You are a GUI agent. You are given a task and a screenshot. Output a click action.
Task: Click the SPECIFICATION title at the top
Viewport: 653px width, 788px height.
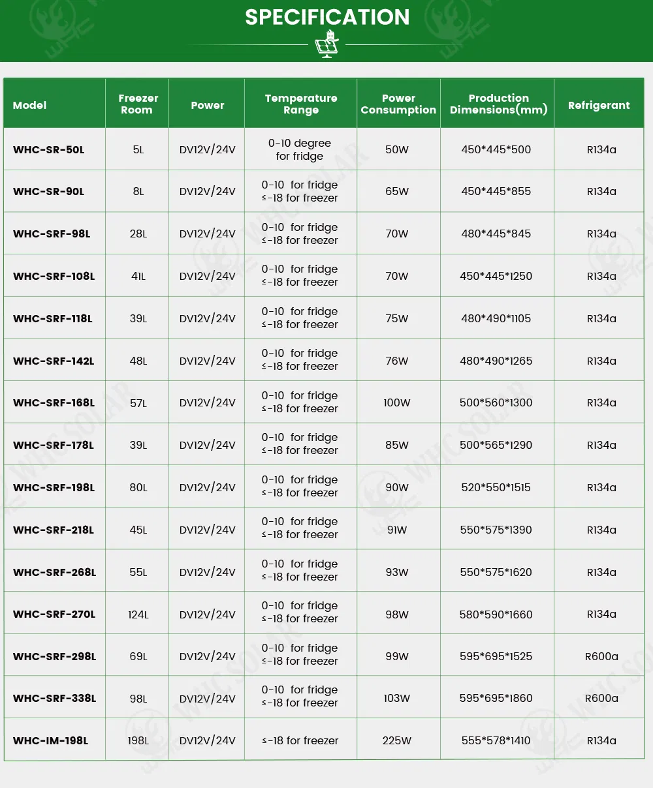click(327, 18)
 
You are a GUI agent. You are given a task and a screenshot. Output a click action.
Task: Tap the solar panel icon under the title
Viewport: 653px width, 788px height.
click(326, 44)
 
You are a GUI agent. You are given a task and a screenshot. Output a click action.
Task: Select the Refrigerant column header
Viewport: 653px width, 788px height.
click(599, 105)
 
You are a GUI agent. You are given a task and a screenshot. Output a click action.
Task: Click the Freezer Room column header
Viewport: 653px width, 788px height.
click(138, 104)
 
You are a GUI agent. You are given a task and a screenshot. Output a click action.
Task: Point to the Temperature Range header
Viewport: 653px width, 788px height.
click(301, 104)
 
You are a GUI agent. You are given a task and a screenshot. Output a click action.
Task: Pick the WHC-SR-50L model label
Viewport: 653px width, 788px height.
click(49, 149)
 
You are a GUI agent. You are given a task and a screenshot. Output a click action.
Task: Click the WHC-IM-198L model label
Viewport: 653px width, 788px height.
click(50, 740)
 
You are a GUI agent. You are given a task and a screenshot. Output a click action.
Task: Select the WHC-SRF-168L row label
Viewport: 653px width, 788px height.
click(54, 402)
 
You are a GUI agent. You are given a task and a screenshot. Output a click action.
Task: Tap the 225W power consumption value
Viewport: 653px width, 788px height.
click(397, 740)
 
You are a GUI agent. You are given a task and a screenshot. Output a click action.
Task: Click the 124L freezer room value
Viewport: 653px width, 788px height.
click(138, 614)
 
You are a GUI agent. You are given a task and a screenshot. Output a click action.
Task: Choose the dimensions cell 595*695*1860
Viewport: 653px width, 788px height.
click(496, 698)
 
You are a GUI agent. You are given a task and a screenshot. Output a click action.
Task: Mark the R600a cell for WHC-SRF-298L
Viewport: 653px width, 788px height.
click(601, 656)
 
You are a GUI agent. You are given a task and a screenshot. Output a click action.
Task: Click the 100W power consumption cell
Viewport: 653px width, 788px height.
click(397, 402)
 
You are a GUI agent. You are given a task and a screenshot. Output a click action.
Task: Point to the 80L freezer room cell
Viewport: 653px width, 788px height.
click(138, 487)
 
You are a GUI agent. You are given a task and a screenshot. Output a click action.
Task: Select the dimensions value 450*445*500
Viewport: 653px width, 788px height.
click(496, 149)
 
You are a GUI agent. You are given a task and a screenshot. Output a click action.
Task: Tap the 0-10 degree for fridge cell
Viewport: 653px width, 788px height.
click(300, 149)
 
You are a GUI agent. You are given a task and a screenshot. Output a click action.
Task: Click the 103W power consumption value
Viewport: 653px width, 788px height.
click(397, 698)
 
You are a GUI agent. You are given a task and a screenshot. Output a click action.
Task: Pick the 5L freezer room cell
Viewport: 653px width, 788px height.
click(138, 149)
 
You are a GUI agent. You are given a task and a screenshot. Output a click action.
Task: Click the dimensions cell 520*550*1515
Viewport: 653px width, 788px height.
click(496, 487)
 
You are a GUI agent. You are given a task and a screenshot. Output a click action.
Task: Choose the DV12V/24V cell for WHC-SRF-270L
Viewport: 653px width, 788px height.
click(208, 614)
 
